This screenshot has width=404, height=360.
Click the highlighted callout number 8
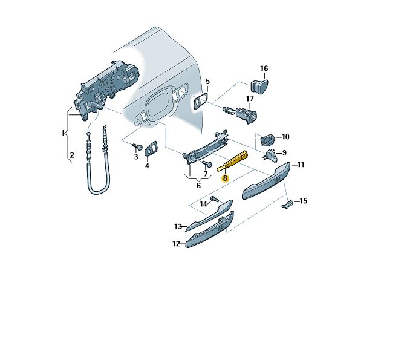pos(225,178)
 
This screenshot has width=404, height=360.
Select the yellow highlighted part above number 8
pos(232,160)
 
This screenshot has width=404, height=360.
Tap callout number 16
pos(264,68)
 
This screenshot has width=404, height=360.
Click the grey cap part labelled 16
pos(259,85)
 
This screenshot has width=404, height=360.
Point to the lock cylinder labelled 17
pos(241,114)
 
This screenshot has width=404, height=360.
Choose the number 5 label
pos(207,82)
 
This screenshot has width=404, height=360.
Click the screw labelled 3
pos(137,146)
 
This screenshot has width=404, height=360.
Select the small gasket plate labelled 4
pos(152,149)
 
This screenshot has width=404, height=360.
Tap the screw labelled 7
pos(207,163)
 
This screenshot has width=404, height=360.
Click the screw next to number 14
pos(214,198)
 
